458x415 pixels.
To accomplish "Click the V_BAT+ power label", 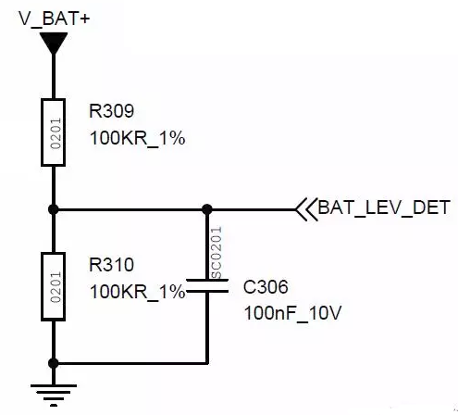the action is pos(55,19).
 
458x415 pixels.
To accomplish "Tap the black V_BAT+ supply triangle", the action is pos(54,43).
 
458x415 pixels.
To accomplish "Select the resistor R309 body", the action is pos(53,132).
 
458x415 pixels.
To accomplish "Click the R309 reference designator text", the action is pos(111,111).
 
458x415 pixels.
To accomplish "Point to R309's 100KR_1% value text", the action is pos(137,138).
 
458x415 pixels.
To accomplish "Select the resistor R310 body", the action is pos(53,287).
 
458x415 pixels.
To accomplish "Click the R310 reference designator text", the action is pos(111,265).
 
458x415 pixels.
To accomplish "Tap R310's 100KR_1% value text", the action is pos(137,292).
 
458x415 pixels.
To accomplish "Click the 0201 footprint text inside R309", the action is pos(56,133).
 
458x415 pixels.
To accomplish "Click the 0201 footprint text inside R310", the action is pos(56,287).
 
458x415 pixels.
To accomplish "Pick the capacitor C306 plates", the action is pos(207,285).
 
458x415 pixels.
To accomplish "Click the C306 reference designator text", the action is pos(266,287).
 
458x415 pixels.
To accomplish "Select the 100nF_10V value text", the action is pos(293,313).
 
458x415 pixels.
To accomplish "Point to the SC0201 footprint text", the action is pos(217,253).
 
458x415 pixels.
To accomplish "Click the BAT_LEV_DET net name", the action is pos(384,207).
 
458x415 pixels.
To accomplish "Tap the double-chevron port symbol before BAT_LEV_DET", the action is pos(306,209).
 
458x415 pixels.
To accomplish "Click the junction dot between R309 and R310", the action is pos(54,209).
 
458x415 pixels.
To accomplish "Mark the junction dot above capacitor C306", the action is pos(207,209).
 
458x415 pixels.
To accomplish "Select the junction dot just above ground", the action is pos(54,363).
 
